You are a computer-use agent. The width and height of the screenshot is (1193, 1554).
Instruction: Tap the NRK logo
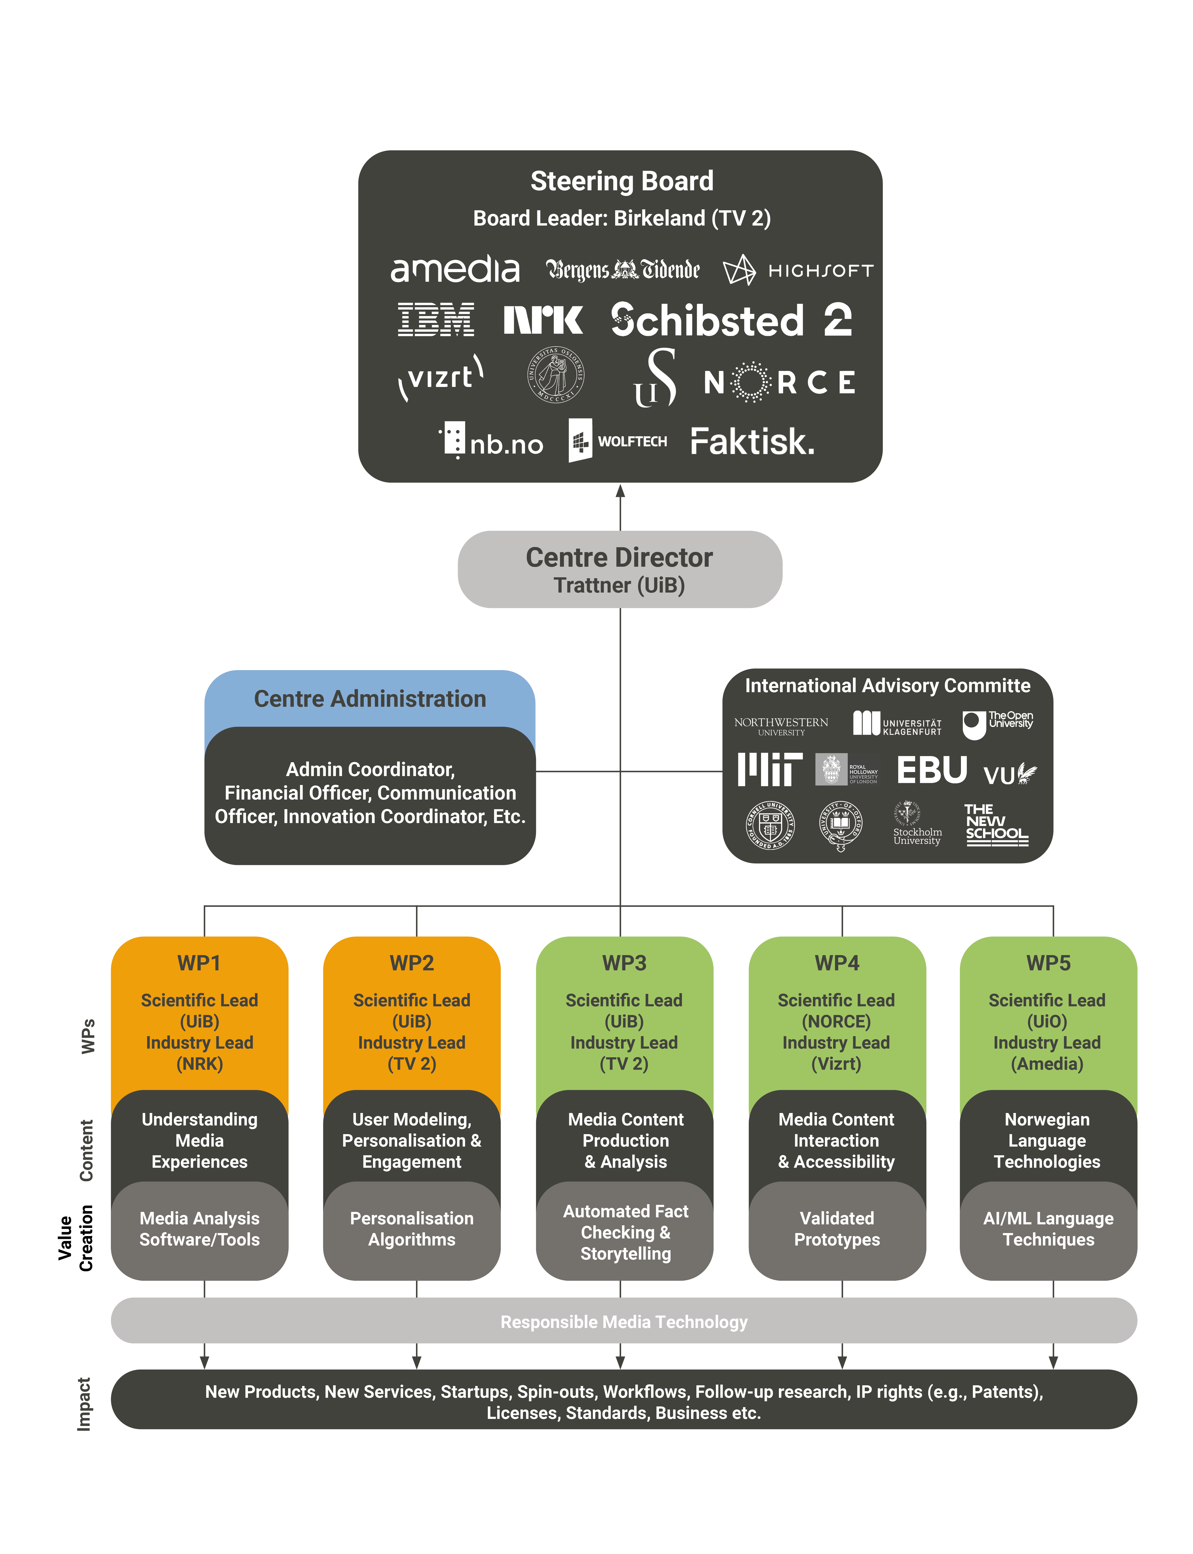click(543, 320)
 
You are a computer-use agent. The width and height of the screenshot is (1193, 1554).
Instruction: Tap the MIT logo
click(770, 770)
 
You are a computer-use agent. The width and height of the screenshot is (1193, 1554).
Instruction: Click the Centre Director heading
click(619, 558)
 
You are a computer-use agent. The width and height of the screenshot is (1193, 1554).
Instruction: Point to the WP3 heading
click(624, 963)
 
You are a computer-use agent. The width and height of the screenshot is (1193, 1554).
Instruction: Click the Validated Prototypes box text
click(836, 1229)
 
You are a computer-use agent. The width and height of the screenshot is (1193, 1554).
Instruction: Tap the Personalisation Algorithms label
click(412, 1229)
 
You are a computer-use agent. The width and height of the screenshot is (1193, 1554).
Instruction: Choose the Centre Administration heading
click(370, 699)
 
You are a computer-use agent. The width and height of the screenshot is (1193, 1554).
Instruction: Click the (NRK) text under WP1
click(200, 1064)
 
